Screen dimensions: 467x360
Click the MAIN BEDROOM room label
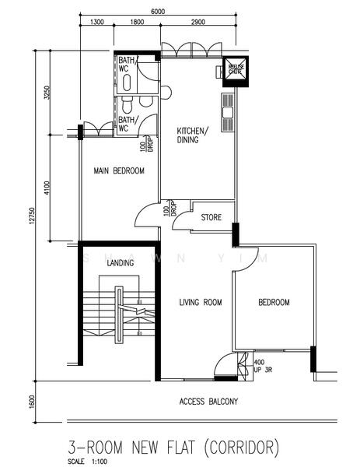coord(119,170)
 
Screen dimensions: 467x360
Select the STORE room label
coord(211,217)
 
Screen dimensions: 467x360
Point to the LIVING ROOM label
coord(201,303)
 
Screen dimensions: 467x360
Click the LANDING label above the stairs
coord(120,263)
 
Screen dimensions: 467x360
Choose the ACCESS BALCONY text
coord(208,402)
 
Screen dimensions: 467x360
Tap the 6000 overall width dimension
coord(158,12)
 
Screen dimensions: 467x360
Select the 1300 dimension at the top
coord(97,23)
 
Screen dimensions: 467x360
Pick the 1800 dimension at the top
coord(137,23)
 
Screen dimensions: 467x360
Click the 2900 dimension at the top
coord(197,23)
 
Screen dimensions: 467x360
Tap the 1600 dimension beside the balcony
coord(32,401)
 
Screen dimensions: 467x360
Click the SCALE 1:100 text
coord(86,461)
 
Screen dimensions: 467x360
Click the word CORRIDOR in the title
coord(239,448)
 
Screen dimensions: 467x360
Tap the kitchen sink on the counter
coord(227,112)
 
